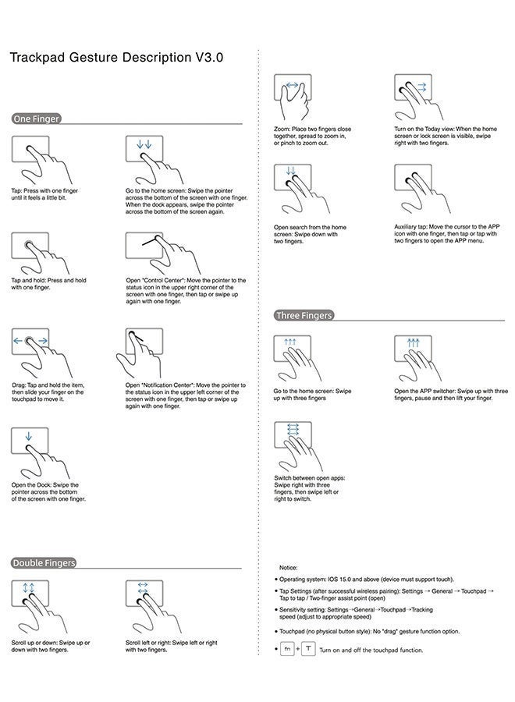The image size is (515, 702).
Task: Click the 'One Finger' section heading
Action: coord(36,119)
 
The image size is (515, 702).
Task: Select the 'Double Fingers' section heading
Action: coord(44,562)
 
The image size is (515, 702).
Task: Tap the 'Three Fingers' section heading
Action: coord(304,315)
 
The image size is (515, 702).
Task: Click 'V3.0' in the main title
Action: coord(208,57)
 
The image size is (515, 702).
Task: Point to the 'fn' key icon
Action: coord(287,649)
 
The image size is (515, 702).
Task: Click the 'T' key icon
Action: coord(308,649)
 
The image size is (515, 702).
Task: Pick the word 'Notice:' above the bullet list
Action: coord(289,567)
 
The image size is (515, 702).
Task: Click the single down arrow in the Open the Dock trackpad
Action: coord(29,435)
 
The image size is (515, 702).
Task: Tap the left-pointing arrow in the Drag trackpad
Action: coord(18,341)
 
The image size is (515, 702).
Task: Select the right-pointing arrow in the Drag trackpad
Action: coord(43,341)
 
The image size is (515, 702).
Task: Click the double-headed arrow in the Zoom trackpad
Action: coord(293,84)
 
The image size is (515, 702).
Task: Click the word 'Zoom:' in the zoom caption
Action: coord(282,129)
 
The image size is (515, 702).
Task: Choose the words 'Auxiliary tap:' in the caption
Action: coord(410,227)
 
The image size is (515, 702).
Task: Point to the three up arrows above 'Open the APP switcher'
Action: coord(413,342)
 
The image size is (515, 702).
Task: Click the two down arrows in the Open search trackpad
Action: coord(290,171)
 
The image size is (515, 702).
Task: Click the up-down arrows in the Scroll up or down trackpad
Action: coord(29,587)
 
